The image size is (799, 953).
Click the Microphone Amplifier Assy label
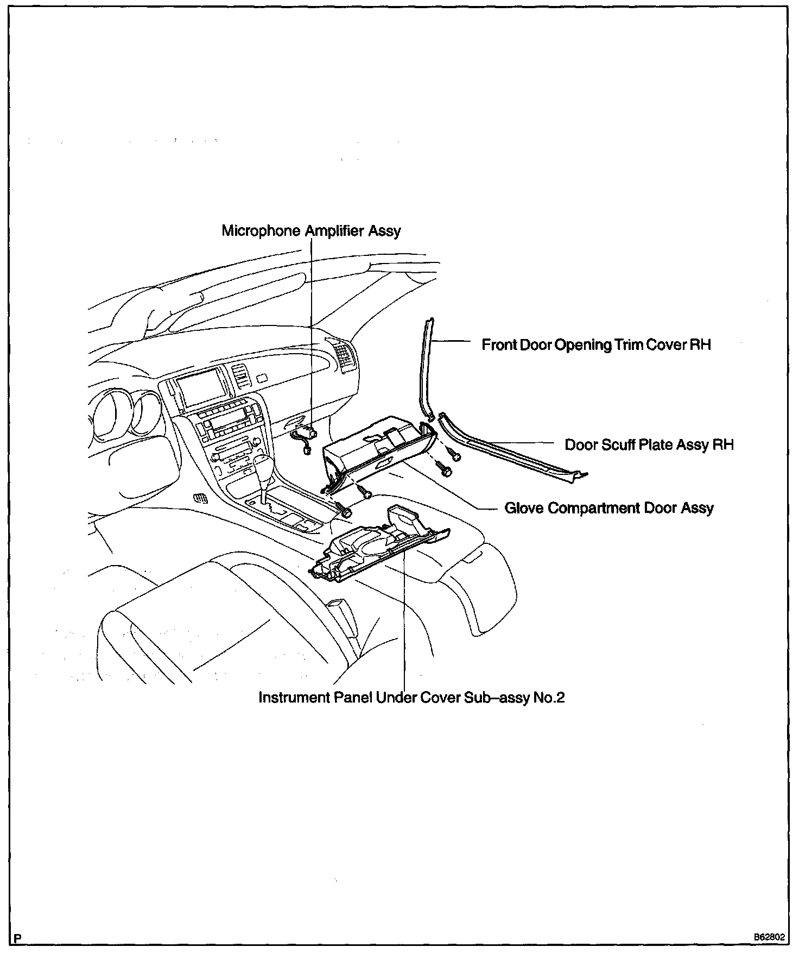coord(311,231)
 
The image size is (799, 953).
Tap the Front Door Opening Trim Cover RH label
coord(596,345)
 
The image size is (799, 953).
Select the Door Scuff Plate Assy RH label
coord(649,445)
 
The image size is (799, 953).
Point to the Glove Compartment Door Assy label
coord(608,509)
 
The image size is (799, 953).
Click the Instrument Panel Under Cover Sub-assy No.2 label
coord(411,698)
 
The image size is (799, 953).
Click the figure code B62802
coord(769,937)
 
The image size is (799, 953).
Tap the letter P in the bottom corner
coord(18,938)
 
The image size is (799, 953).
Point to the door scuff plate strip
coord(510,446)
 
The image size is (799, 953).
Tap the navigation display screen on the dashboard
coord(202,387)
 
